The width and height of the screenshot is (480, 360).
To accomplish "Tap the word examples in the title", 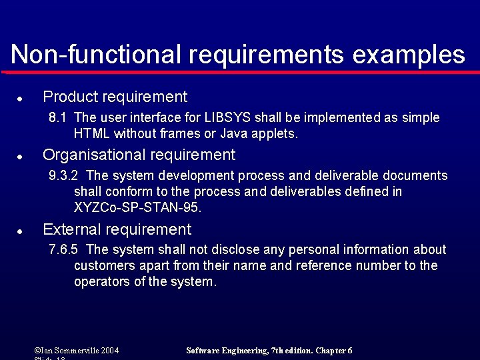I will click(409, 55).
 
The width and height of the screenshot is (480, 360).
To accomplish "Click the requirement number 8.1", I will click(58, 118).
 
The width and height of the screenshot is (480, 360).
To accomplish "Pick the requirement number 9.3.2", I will click(64, 176).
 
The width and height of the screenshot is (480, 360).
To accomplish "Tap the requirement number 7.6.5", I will click(64, 250).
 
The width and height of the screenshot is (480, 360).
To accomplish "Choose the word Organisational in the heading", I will click(94, 155).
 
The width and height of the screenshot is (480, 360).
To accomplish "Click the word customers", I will click(105, 266).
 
